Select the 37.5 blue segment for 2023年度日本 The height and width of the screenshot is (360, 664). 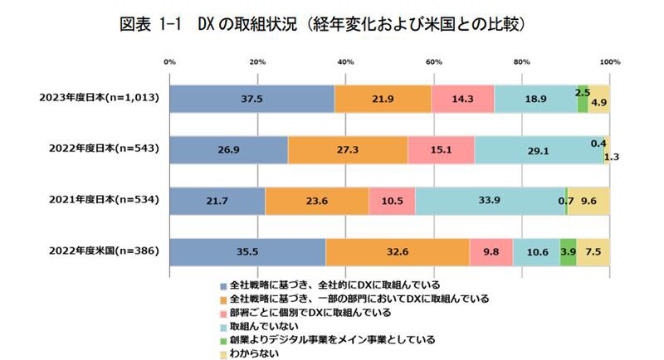(x=251, y=99)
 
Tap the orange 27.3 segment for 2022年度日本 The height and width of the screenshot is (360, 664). (x=348, y=150)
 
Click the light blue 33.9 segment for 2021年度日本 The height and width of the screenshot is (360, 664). (x=490, y=202)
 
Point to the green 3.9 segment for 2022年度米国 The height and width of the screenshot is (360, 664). (x=568, y=252)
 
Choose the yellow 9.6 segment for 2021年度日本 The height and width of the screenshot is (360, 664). (x=589, y=202)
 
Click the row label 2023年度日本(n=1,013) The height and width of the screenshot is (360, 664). (x=99, y=99)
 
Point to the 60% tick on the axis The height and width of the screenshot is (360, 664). (x=433, y=61)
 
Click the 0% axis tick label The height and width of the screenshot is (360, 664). (x=169, y=61)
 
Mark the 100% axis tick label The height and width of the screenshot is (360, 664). (x=610, y=61)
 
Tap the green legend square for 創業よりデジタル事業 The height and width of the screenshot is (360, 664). (x=222, y=340)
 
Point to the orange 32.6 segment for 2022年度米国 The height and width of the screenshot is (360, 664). (x=398, y=252)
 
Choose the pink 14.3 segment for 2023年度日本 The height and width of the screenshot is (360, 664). (x=462, y=99)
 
